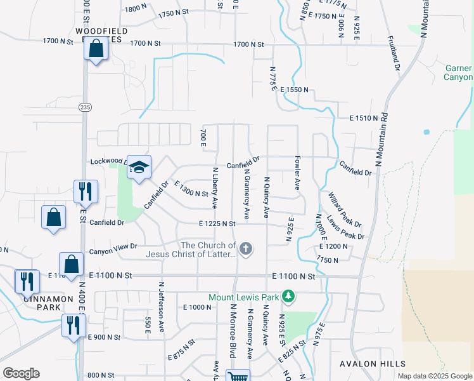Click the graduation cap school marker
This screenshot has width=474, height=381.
click(139, 167)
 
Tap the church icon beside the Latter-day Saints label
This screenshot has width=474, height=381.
click(246, 249)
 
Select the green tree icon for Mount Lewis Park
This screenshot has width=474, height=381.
click(288, 296)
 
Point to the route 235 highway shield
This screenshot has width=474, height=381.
click(85, 108)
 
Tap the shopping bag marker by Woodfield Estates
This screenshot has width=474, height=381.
click(95, 48)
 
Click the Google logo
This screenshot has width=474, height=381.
click(21, 373)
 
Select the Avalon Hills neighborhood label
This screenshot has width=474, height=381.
click(373, 363)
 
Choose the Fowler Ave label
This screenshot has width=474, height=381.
click(297, 173)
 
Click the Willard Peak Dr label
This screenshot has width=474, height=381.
click(345, 210)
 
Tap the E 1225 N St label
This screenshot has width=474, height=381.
click(217, 224)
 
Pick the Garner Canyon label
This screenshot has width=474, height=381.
click(458, 73)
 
